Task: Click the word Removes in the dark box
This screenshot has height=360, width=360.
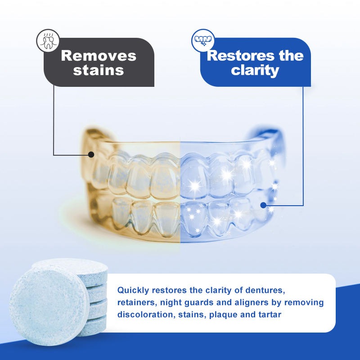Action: (99, 56)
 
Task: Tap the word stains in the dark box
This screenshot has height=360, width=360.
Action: (99, 70)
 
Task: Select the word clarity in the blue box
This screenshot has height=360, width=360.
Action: (255, 70)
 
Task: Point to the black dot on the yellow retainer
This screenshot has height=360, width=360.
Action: (91, 154)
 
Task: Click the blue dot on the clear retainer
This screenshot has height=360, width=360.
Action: (263, 205)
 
